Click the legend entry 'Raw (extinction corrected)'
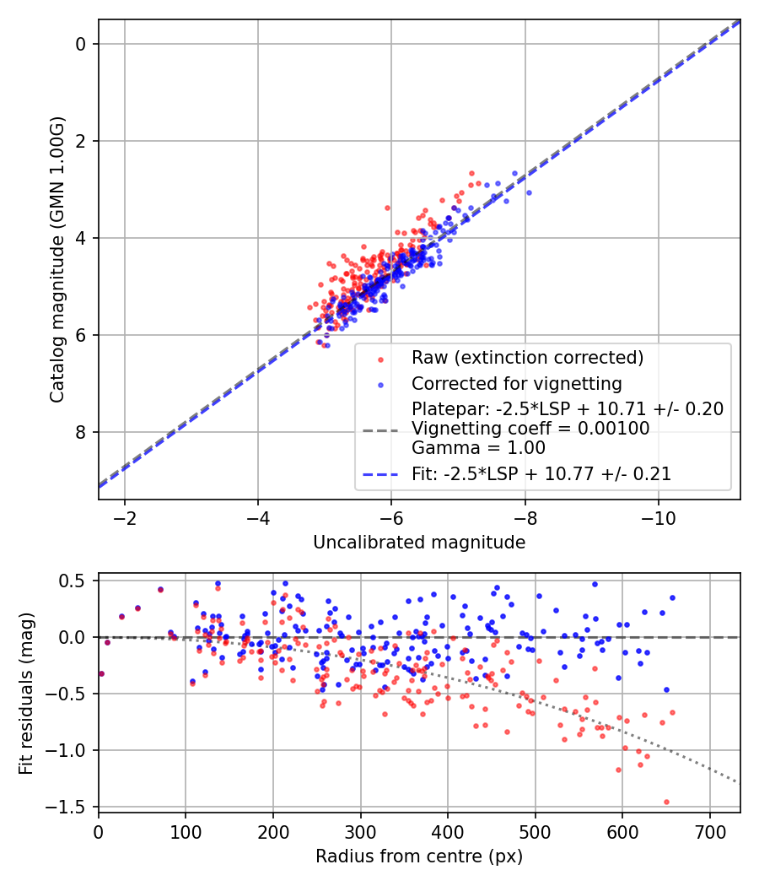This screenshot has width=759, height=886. [x=527, y=358]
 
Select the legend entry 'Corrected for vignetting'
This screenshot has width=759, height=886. [x=516, y=384]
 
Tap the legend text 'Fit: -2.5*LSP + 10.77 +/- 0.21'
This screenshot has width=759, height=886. [x=541, y=474]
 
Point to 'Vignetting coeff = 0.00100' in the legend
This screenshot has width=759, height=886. [x=530, y=429]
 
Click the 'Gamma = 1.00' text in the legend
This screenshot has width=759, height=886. [x=478, y=448]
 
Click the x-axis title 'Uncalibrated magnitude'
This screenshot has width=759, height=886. [x=419, y=543]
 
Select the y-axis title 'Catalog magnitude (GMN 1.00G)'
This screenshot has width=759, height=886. [x=57, y=260]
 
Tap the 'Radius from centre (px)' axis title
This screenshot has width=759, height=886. [x=419, y=856]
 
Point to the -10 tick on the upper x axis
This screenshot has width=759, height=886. [x=659, y=517]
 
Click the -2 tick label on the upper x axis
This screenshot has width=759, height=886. [x=125, y=517]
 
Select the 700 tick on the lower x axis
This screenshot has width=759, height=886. [x=709, y=831]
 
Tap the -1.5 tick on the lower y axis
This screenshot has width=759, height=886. [x=73, y=808]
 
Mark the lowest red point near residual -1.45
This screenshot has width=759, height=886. [x=666, y=802]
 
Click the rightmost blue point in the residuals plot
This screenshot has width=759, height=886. [x=672, y=597]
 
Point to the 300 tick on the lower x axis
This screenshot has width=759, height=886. [x=360, y=831]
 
